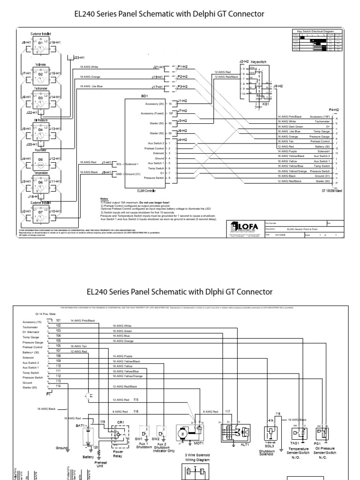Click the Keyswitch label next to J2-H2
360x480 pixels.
[x=258, y=61]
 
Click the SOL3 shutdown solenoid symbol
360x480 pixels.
[x=270, y=434]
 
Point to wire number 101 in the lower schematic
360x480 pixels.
[x=58, y=320]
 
